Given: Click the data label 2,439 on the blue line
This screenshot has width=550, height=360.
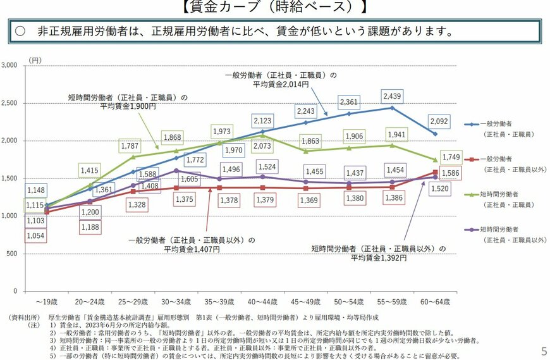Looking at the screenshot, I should click(x=392, y=96).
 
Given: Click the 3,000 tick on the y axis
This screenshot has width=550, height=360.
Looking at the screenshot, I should click(x=11, y=66).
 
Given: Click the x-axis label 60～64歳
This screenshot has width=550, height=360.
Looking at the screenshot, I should click(x=435, y=302).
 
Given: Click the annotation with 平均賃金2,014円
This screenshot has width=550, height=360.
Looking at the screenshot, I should click(x=279, y=79).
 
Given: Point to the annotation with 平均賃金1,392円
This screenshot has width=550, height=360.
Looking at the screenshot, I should click(x=378, y=253).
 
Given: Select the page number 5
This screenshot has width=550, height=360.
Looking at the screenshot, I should click(x=544, y=351).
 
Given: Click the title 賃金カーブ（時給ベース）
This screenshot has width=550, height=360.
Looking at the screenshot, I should click(x=274, y=7).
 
